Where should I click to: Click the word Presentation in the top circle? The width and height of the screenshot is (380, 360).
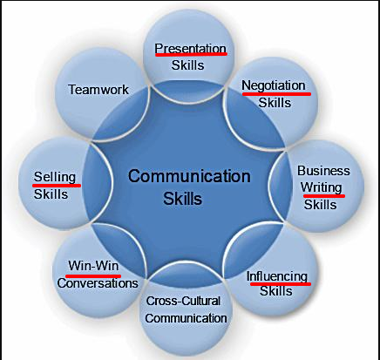[190, 49]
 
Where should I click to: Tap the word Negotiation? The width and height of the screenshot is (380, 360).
[274, 86]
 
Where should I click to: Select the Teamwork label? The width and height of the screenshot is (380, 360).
[98, 90]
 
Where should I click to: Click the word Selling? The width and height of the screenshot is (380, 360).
[55, 177]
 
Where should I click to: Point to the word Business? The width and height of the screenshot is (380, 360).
[323, 171]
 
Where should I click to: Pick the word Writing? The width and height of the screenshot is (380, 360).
[321, 187]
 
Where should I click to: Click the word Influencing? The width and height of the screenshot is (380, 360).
[277, 276]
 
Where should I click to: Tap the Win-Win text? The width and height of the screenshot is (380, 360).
[93, 266]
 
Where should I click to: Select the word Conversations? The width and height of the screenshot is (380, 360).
[98, 283]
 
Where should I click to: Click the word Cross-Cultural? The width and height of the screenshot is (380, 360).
[183, 301]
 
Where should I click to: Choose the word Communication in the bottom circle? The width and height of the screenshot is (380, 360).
[186, 318]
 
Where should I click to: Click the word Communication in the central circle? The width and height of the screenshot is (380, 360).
[189, 176]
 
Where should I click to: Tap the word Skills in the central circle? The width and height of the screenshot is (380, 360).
[182, 199]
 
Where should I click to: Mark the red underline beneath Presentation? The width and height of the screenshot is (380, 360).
[191, 54]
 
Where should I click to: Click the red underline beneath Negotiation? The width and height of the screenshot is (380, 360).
[276, 94]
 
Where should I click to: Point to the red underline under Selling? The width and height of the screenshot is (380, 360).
[57, 185]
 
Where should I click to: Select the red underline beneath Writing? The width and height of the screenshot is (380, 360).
[324, 196]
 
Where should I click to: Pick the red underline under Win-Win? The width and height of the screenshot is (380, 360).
[93, 275]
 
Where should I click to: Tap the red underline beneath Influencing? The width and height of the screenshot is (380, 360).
[281, 284]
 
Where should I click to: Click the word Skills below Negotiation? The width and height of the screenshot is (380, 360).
[275, 103]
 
